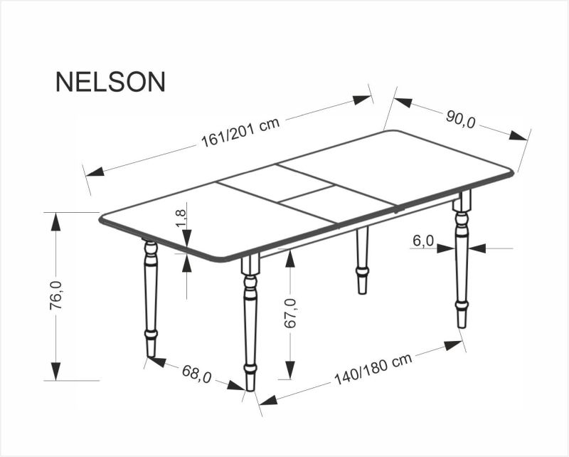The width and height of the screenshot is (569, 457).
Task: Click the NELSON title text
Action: [110, 82]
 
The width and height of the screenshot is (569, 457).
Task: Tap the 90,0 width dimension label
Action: [461, 119]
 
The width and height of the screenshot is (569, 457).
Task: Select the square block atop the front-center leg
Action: [250, 266]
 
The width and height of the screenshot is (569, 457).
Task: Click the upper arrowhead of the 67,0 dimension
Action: [289, 257]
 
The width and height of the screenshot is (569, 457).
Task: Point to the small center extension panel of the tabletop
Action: [306, 191]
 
